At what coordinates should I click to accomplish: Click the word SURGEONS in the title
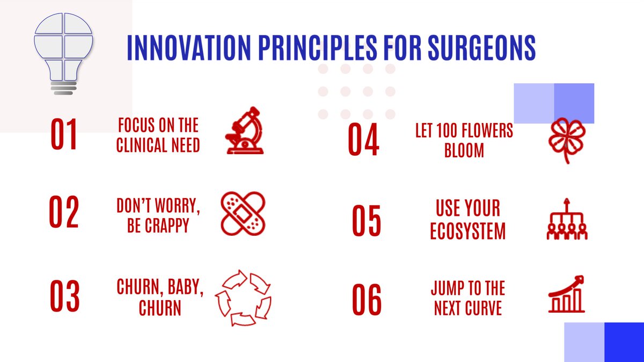click(481, 47)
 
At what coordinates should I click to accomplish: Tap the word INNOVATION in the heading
click(189, 47)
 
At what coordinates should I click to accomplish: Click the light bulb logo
click(63, 54)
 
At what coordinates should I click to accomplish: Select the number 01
click(64, 134)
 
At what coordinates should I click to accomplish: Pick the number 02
click(63, 212)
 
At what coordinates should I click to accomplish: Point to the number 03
click(65, 296)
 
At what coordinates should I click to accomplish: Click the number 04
click(363, 139)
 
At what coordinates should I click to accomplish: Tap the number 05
click(366, 220)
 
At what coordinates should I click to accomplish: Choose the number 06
click(367, 299)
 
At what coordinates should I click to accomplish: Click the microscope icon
click(245, 131)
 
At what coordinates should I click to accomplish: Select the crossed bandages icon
click(243, 214)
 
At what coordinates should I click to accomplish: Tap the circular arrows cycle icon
click(243, 298)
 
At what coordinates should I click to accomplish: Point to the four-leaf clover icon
click(567, 140)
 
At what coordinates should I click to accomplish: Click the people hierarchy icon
click(567, 219)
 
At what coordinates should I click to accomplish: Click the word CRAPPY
click(167, 226)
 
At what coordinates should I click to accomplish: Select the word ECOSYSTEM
click(468, 231)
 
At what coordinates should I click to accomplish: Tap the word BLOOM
click(464, 150)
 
